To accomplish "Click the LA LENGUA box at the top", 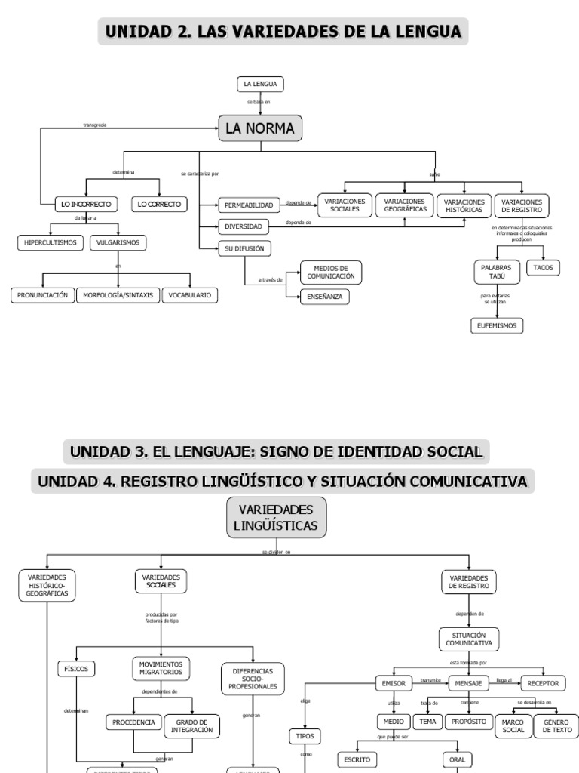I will point(259,83).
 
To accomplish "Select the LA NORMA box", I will point(260,128).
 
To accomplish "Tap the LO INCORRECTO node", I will point(86,204).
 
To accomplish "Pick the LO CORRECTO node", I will point(159,204).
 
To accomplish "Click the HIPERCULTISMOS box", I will point(51,242).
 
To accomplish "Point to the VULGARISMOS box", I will point(118,242).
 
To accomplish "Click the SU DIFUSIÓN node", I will point(244,248).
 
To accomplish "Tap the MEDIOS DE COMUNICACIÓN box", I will point(331,273).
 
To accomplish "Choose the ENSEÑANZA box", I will point(324,297).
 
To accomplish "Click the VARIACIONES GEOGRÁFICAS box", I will point(405,205).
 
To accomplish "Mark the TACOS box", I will point(543,267).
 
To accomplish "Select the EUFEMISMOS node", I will point(496,325).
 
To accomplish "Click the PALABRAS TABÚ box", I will point(496,272).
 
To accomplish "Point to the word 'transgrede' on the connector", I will point(94,125).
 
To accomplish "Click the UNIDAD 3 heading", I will point(275,452).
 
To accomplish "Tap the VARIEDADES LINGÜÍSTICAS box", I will point(277,517).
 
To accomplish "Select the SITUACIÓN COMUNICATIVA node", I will point(468,639).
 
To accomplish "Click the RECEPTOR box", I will point(543,683).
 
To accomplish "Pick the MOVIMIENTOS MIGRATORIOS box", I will point(161,668).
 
